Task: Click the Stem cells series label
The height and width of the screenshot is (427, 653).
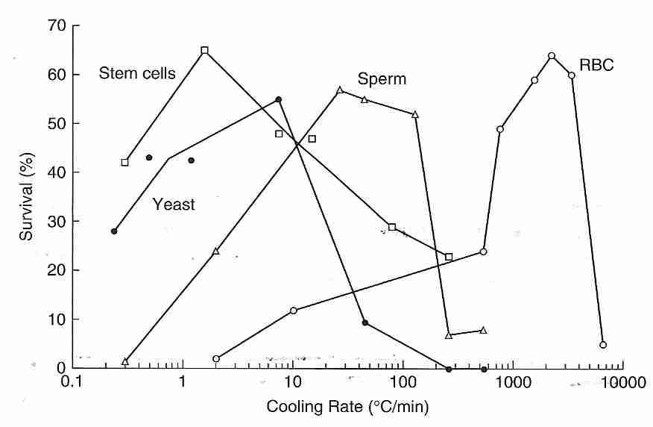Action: [137, 73]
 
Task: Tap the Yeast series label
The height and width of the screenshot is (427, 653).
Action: [173, 204]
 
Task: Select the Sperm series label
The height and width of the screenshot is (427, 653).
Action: [382, 79]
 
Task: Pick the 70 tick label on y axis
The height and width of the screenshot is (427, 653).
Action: [57, 26]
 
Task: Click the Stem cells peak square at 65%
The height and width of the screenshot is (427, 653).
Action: [204, 51]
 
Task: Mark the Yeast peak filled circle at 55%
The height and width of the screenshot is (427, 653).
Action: [278, 99]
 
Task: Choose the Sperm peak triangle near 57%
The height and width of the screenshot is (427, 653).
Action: [340, 90]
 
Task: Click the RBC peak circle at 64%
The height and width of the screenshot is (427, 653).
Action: [552, 56]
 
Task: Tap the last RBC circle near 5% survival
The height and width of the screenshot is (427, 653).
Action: [603, 345]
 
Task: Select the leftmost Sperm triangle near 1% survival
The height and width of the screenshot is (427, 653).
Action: [125, 361]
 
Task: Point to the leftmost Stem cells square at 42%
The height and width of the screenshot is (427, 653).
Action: [124, 162]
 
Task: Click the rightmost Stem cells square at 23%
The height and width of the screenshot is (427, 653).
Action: [449, 257]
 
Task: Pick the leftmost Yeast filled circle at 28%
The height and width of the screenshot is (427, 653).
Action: [114, 231]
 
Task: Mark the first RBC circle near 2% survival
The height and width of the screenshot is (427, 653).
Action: [216, 359]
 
